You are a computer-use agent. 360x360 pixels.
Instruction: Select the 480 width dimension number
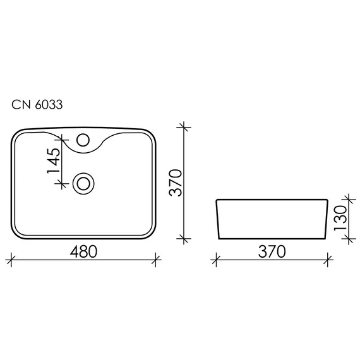(83, 251)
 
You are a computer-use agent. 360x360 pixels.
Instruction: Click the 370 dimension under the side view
(272, 251)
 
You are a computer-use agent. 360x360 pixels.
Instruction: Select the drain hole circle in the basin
(83, 183)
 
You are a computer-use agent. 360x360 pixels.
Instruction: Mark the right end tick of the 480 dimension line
(155, 258)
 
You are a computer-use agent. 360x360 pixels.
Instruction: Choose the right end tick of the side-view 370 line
(328, 258)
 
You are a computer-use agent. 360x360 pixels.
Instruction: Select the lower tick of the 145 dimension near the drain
(61, 183)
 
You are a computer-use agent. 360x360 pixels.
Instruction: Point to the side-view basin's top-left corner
(217, 200)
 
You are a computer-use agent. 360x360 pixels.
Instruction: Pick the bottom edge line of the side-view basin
(272, 239)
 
